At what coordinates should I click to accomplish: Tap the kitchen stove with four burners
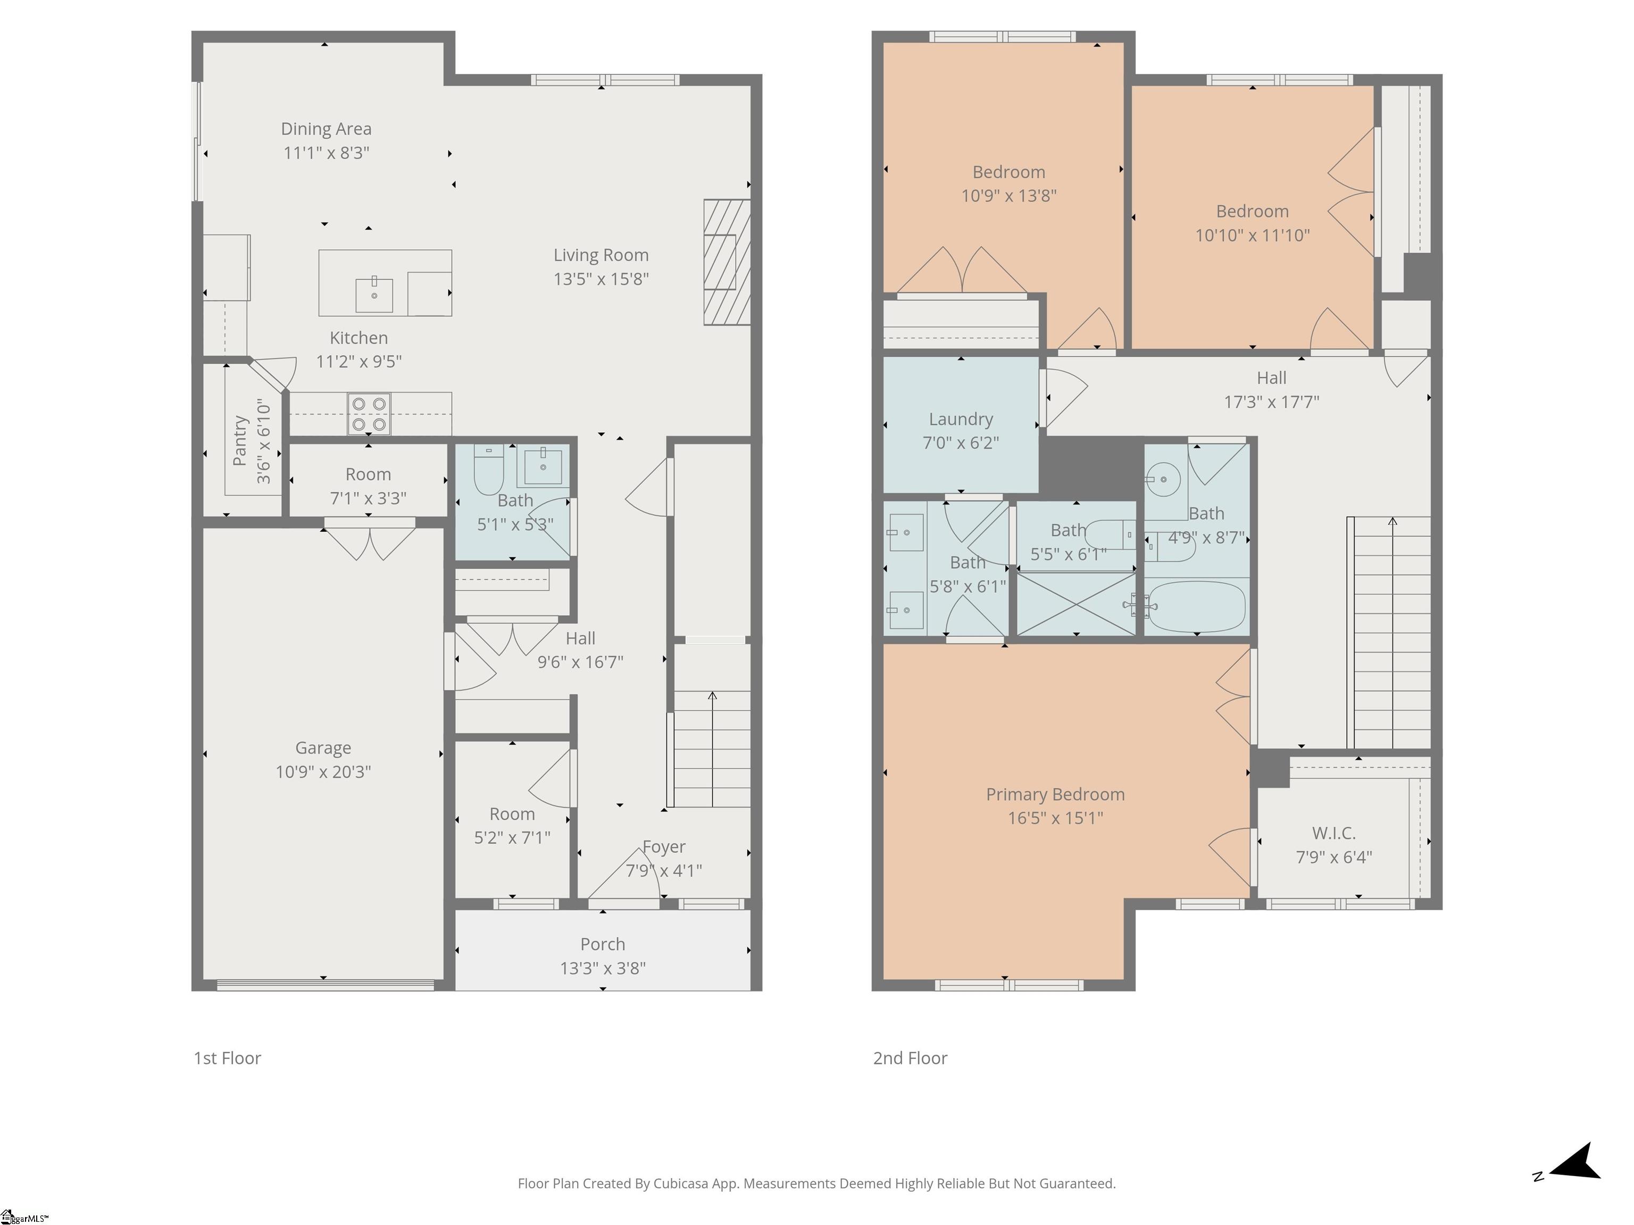click(369, 414)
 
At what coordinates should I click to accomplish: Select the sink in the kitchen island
click(374, 295)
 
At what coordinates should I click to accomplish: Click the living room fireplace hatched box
click(727, 262)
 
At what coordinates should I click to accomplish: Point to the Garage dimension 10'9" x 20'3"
click(323, 771)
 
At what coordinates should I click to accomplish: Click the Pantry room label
click(240, 441)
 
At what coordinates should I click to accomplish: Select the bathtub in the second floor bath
click(1197, 606)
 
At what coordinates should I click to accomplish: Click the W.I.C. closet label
click(1333, 833)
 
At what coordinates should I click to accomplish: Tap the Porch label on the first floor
click(603, 944)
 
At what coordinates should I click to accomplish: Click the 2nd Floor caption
click(910, 1058)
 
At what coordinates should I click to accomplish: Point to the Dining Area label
click(326, 129)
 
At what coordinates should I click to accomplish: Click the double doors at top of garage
click(370, 540)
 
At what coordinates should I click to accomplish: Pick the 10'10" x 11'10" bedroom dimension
click(1252, 235)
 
